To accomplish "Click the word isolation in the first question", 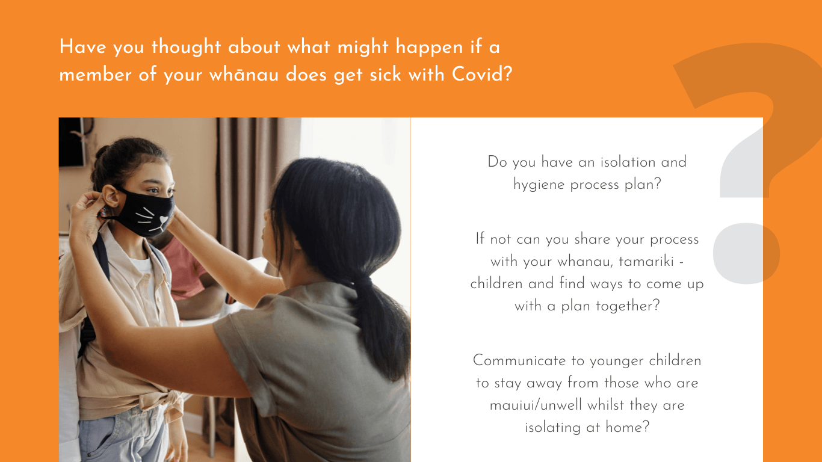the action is click(x=628, y=162).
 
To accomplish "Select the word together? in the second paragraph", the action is click(x=628, y=306).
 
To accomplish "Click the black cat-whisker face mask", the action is click(x=146, y=213).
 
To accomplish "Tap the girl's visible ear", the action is click(x=110, y=196).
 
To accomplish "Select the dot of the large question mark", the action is click(x=746, y=253).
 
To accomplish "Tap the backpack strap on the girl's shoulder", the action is click(x=100, y=257).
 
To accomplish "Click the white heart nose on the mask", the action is click(x=164, y=220).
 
